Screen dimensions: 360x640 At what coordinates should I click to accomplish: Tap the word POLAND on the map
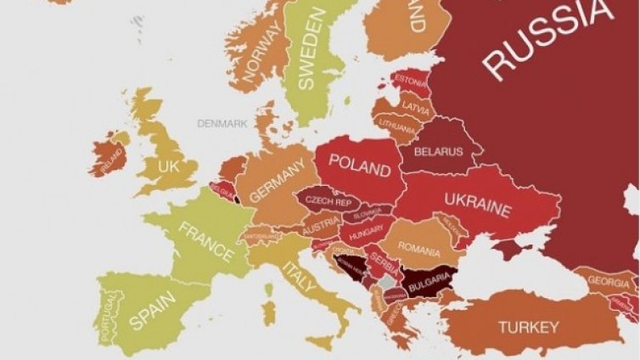359,165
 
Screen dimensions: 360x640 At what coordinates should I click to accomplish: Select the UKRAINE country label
478,205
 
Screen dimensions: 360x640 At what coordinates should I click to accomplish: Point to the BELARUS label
438,152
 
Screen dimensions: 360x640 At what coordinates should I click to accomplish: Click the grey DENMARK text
222,123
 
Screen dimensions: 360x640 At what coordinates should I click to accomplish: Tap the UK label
169,167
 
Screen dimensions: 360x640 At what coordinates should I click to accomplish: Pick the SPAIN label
153,309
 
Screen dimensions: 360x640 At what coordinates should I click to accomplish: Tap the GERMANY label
276,183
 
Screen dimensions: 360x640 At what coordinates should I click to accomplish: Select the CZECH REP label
328,201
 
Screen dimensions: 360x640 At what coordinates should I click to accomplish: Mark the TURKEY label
528,326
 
